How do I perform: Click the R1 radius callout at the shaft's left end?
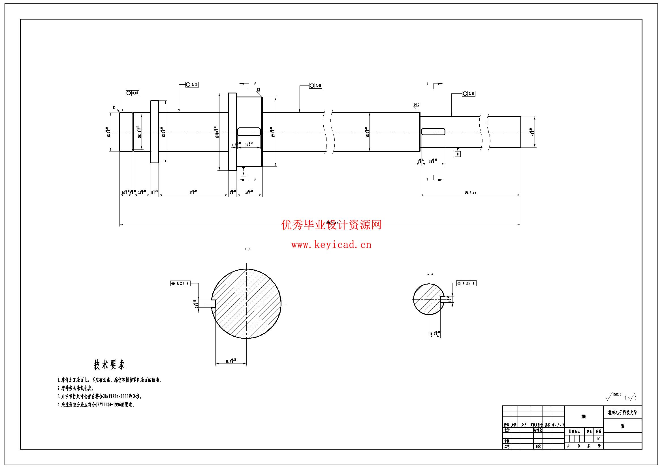[114, 108]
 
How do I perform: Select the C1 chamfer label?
[259, 90]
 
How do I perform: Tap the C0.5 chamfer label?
[416, 104]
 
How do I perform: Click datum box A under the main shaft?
[243, 174]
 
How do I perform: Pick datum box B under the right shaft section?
[458, 154]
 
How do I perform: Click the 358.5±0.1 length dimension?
[470, 193]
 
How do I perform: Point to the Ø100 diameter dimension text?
[217, 132]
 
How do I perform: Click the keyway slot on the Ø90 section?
[249, 132]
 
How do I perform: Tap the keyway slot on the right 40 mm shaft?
[433, 132]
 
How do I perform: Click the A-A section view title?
[247, 250]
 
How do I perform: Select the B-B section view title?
[430, 273]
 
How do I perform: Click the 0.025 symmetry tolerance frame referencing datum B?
[466, 283]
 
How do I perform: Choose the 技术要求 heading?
[109, 365]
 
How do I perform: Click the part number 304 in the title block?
[584, 417]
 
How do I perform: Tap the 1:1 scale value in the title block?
[599, 439]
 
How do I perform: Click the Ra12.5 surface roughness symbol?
[614, 396]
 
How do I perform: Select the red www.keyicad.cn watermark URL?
[331, 245]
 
